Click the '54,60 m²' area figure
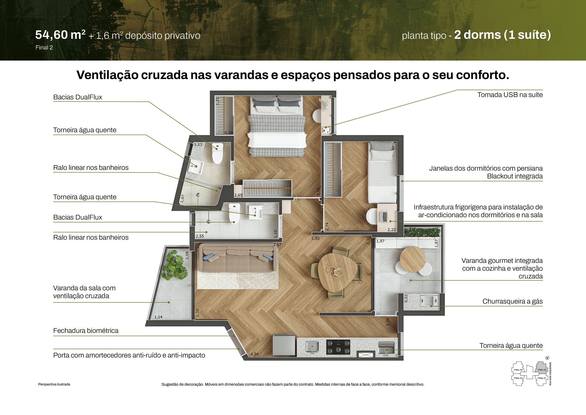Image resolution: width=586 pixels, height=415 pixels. (60, 35)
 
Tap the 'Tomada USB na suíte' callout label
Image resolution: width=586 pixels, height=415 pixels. (510, 95)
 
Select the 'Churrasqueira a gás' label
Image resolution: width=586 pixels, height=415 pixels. (512, 301)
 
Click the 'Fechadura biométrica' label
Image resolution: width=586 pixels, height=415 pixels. (86, 331)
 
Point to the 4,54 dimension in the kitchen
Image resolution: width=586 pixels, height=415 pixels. (254, 354)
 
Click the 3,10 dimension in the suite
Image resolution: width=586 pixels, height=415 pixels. (318, 192)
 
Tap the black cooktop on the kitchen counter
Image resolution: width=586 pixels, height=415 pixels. (338, 347)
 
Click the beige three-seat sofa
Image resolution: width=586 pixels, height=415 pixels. (238, 258)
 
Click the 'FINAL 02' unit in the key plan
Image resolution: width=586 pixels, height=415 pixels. (542, 370)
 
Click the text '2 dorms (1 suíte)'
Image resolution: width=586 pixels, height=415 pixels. (502, 35)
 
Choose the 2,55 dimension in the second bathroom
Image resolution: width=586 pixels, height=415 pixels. (200, 236)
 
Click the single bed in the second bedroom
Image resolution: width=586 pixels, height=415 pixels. (382, 173)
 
